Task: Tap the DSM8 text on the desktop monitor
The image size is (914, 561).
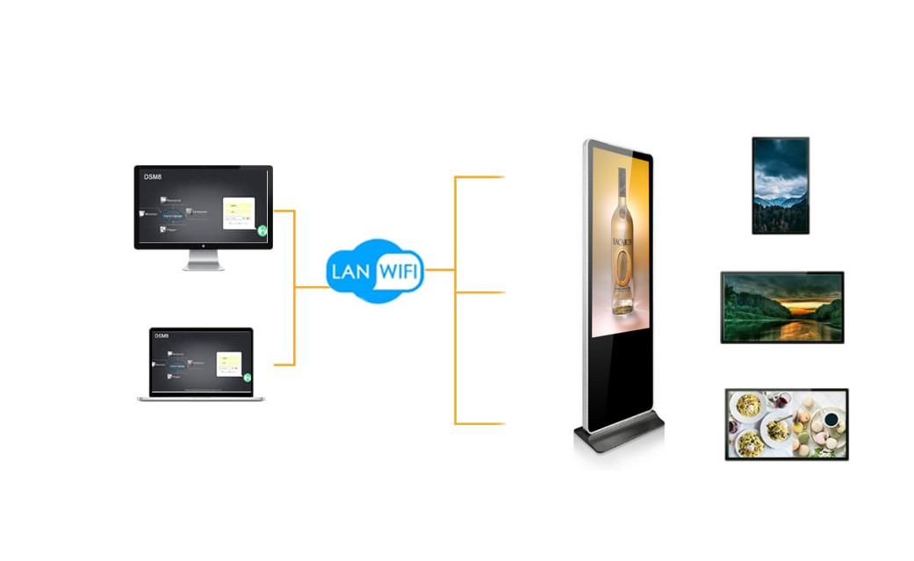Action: [153, 177]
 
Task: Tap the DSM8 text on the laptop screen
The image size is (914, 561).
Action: [162, 336]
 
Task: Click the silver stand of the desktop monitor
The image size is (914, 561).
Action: [203, 261]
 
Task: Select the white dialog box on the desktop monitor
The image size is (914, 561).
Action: [239, 211]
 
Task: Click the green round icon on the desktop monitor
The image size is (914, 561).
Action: [262, 230]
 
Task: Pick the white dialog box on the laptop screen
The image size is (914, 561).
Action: [230, 362]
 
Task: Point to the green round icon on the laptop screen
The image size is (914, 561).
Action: [248, 378]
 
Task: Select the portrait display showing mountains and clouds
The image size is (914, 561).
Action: [780, 185]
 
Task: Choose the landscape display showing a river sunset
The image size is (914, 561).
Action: [781, 306]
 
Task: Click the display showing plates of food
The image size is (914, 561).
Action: [786, 424]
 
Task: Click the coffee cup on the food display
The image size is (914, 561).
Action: [831, 420]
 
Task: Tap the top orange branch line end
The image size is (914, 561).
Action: [502, 177]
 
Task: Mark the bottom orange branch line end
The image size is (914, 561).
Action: [502, 424]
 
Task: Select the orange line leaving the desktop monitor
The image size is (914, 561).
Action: [284, 211]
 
